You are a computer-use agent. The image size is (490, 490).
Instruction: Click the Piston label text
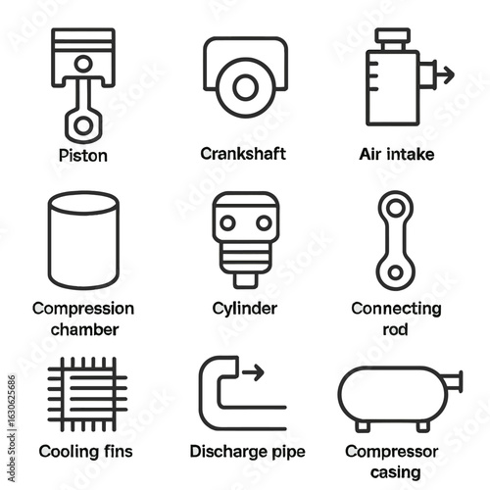point(83,156)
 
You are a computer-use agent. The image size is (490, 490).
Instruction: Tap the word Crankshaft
point(243,154)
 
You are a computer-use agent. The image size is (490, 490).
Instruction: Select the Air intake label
point(397,154)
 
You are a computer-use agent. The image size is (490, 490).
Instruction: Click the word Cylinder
point(245,309)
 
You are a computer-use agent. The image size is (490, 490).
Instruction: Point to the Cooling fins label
point(85,452)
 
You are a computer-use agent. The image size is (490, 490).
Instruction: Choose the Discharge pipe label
point(248,452)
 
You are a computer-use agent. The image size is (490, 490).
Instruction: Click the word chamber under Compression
point(84,329)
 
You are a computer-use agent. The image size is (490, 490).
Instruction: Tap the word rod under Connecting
point(395,329)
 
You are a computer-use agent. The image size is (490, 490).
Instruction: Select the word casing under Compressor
point(396,472)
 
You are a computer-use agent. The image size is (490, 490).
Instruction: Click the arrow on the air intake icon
point(444,74)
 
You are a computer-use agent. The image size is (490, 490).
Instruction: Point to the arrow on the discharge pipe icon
point(253,372)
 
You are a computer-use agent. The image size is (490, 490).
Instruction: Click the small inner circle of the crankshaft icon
point(245,87)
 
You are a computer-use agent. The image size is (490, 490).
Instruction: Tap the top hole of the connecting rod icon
point(396,208)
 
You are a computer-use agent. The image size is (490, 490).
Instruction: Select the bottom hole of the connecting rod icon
point(396,272)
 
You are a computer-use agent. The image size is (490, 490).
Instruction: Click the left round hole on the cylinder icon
point(227,223)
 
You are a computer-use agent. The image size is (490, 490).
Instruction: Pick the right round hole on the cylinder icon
point(264,223)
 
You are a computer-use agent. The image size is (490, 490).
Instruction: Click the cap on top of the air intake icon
point(392,35)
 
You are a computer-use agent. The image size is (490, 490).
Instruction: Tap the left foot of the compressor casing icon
point(363,426)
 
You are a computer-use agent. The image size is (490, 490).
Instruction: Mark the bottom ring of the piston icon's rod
point(83,125)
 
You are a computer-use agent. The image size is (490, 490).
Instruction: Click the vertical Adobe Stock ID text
point(12,428)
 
